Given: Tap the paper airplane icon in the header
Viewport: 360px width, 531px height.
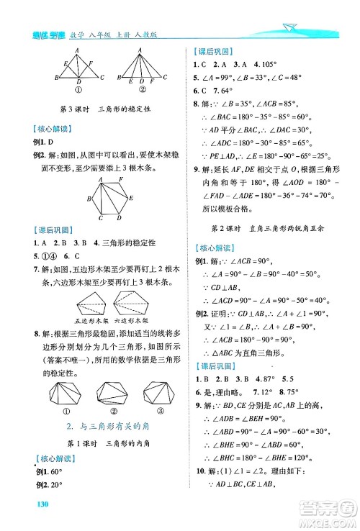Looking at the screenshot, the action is pyautogui.click(x=291, y=27).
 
